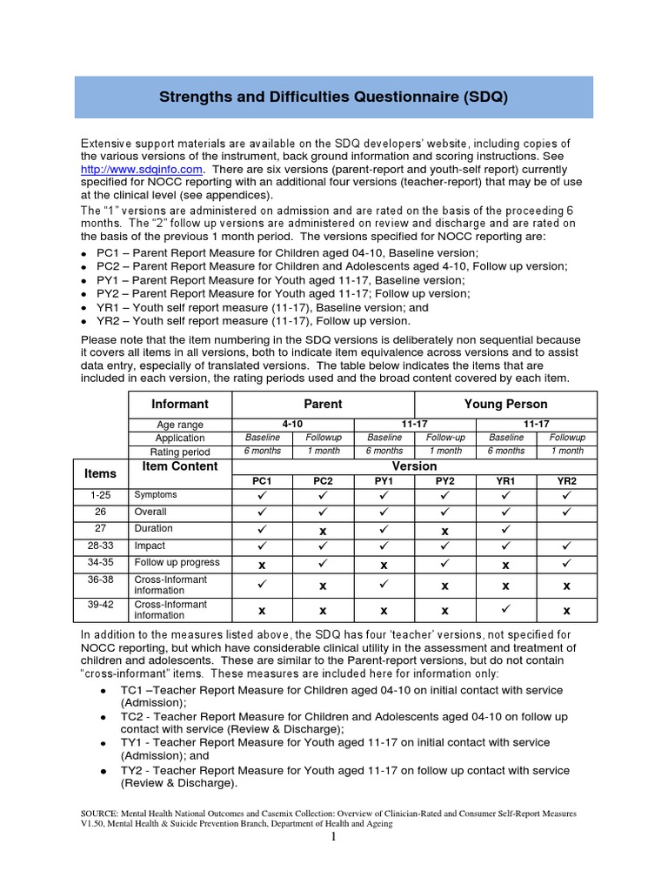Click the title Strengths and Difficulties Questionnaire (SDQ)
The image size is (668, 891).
click(x=333, y=97)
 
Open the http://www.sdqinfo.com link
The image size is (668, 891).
click(x=141, y=169)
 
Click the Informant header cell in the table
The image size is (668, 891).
click(x=180, y=404)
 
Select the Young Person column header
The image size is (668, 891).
click(x=505, y=404)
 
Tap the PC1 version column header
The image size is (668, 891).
click(x=262, y=480)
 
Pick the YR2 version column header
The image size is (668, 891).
click(x=567, y=480)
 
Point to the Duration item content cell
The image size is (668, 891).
click(x=153, y=528)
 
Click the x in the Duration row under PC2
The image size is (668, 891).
click(x=323, y=529)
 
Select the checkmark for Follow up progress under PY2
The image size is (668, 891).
click(x=444, y=563)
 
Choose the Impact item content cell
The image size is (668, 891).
click(x=150, y=546)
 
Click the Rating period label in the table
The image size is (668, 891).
click(x=180, y=452)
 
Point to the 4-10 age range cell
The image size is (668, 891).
click(x=292, y=424)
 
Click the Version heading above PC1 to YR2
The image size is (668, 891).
click(x=414, y=466)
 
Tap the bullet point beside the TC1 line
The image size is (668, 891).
click(x=104, y=690)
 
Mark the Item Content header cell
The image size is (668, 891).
click(x=180, y=466)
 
